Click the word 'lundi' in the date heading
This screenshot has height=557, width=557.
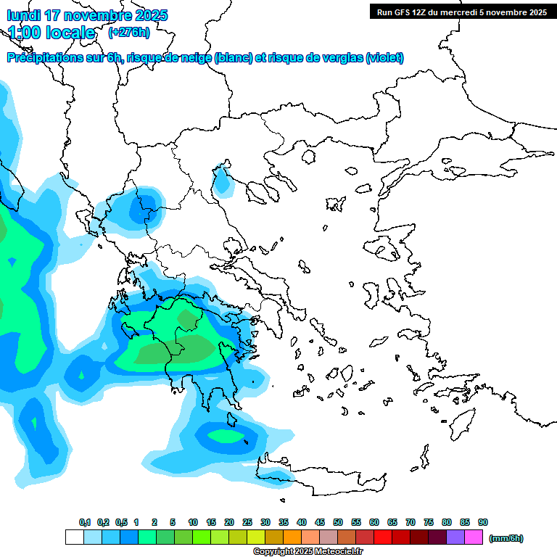(24, 15)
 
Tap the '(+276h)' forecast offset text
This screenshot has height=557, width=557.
(129, 32)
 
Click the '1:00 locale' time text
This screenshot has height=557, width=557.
(51, 33)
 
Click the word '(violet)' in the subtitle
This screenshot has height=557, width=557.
(384, 58)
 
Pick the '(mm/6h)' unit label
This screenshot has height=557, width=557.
(506, 538)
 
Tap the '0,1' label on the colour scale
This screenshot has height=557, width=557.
(85, 522)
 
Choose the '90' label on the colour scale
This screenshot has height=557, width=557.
(483, 522)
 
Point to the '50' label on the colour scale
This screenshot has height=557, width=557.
(338, 522)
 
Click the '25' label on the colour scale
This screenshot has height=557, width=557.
(247, 522)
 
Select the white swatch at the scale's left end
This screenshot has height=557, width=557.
(74, 537)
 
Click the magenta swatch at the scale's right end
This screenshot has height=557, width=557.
(474, 537)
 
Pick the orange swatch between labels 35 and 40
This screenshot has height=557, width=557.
(292, 537)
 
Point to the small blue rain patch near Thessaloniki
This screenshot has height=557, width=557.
(224, 182)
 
